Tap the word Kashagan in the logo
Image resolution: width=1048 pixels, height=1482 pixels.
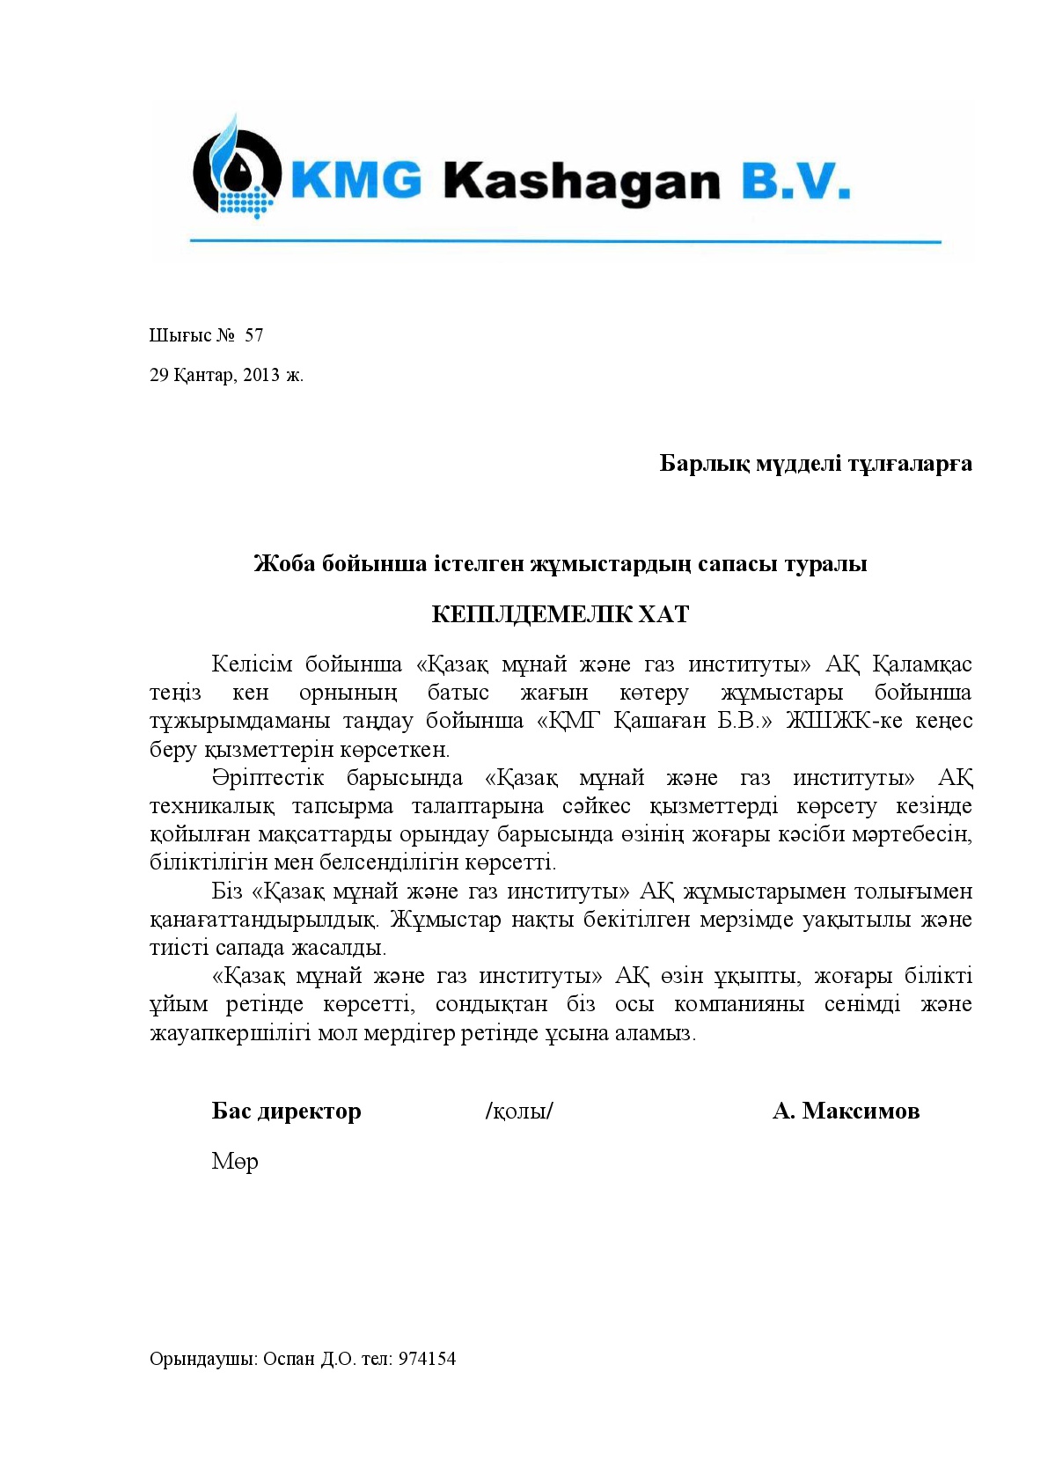click(x=582, y=181)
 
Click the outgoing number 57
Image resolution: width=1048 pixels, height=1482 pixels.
click(x=253, y=335)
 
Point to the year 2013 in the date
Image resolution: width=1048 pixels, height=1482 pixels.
click(x=261, y=375)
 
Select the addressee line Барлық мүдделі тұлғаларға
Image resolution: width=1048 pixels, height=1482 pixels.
click(x=815, y=463)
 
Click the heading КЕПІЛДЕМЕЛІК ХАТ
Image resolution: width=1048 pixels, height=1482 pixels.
click(x=560, y=614)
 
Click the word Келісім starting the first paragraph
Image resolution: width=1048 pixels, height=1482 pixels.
click(x=250, y=664)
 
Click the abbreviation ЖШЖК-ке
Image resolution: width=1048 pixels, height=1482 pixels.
click(x=842, y=721)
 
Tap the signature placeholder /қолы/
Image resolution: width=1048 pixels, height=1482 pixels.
click(x=519, y=1111)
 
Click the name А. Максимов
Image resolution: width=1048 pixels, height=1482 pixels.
click(x=846, y=1111)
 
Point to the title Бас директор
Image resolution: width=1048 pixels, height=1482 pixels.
click(x=286, y=1111)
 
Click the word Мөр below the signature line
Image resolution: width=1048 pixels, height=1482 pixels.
click(x=234, y=1162)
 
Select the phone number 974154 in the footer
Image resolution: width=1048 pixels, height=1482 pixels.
click(x=427, y=1358)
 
